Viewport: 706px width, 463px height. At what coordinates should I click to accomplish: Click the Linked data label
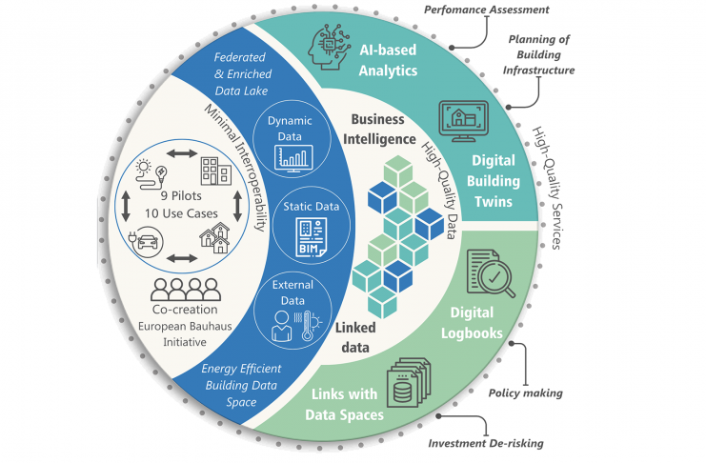point(355,335)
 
